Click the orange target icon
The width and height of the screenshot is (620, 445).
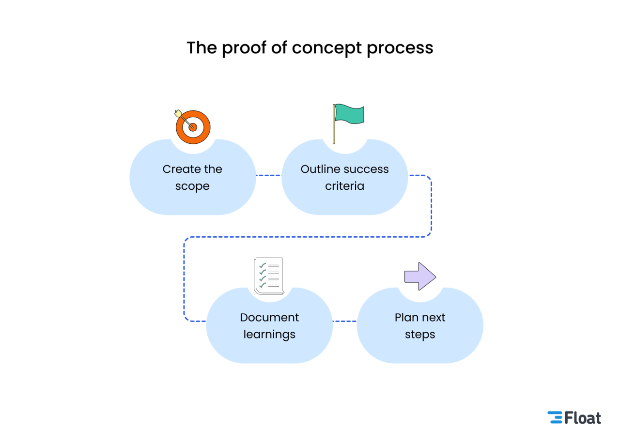click(193, 127)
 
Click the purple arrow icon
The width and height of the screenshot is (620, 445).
click(420, 276)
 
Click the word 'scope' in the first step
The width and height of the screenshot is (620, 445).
click(192, 186)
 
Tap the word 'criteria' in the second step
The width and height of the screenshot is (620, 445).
click(344, 186)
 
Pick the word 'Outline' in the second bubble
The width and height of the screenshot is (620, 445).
click(318, 169)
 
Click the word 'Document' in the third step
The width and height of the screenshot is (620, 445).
click(269, 318)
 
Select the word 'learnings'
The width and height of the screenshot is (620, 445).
click(269, 335)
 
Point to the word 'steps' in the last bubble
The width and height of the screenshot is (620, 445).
click(420, 335)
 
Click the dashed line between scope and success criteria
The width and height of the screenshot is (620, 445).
click(268, 175)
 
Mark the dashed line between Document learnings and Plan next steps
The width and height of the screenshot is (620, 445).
click(344, 321)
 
